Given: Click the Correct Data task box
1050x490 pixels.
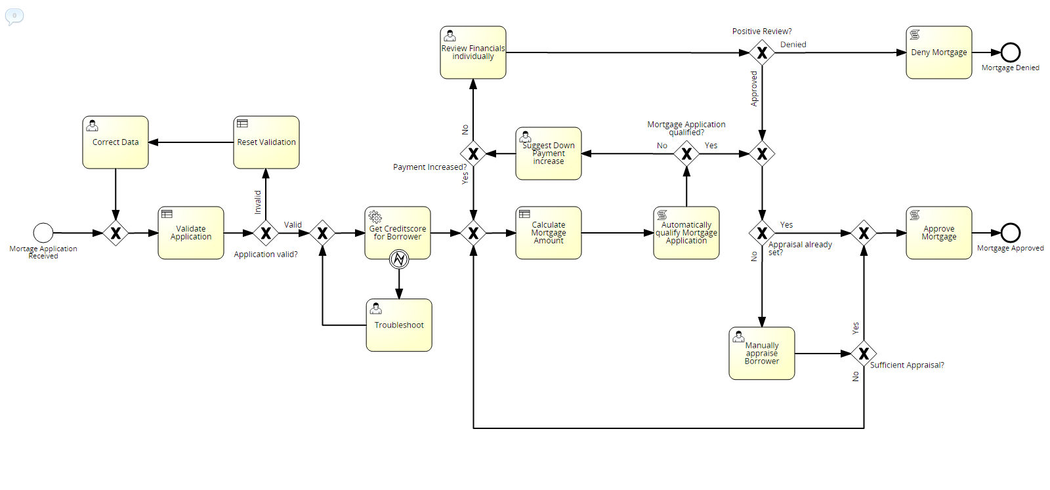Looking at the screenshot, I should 115,142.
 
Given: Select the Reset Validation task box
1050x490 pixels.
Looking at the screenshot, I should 266,142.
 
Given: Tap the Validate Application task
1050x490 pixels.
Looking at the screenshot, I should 191,233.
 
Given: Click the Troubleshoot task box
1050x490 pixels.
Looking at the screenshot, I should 399,325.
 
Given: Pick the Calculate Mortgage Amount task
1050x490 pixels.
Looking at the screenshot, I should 549,233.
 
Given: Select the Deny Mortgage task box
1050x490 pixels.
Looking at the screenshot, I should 938,52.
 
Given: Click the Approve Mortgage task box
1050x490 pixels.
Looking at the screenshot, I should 938,233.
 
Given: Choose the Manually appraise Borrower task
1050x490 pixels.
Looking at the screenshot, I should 762,354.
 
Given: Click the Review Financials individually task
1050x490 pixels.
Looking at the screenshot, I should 473,52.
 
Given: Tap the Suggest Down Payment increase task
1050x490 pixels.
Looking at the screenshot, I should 549,153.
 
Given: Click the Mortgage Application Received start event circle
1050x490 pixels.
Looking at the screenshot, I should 43,233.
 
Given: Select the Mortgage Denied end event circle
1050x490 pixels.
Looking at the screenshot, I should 1011,52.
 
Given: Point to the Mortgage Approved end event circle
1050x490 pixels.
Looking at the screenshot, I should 1011,233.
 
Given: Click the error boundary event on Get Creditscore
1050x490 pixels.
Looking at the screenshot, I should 399,260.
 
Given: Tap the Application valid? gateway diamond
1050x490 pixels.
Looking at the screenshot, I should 266,233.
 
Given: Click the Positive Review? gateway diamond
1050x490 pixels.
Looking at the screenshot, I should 762,52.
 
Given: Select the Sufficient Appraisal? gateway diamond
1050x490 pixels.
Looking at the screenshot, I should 864,354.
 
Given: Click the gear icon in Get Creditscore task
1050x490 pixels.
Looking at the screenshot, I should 375,216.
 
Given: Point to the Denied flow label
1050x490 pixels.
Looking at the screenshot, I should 793,45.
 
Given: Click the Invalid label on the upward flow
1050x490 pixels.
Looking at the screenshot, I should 258,202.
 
